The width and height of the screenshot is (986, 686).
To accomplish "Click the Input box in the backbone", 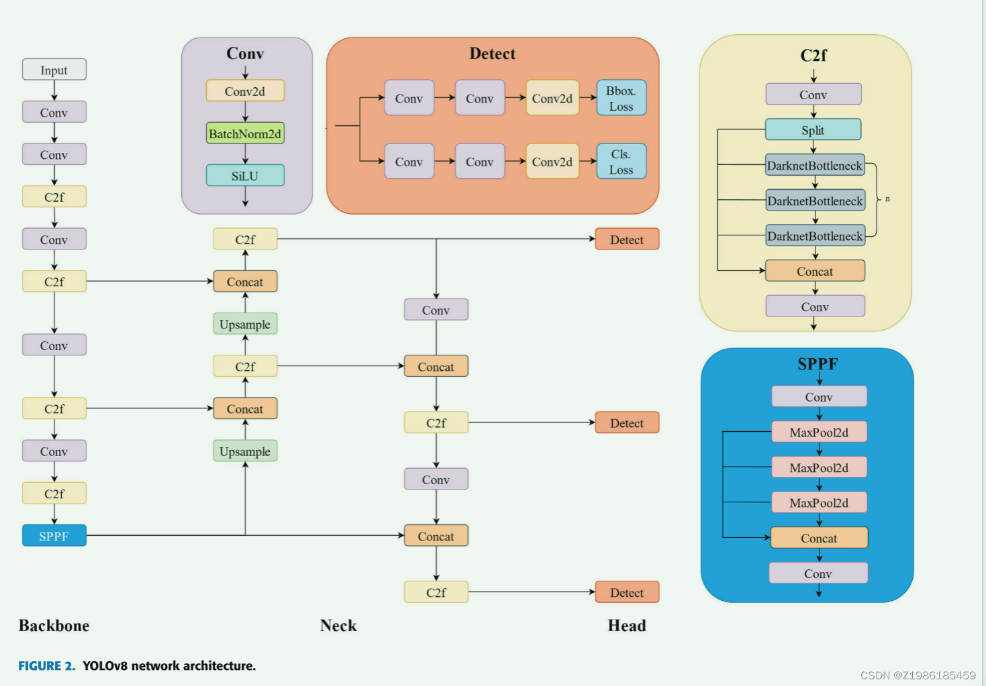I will tap(54, 70).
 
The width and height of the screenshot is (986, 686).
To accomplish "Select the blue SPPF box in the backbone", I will tap(54, 536).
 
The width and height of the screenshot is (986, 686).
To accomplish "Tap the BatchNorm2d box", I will tap(245, 133).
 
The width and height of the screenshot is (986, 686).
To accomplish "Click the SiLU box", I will tap(245, 176).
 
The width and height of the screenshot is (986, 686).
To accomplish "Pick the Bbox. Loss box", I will tap(621, 98).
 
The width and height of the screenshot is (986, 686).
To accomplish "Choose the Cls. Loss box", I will tap(621, 162).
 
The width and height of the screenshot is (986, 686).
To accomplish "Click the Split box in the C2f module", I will tap(813, 130).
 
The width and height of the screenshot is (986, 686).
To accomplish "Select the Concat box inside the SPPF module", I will tap(819, 538).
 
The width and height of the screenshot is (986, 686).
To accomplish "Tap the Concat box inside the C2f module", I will tap(815, 271).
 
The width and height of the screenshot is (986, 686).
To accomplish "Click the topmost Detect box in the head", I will tap(627, 239).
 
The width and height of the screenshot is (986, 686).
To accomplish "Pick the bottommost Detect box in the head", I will tap(627, 592).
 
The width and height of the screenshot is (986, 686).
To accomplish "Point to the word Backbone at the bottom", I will tap(54, 625).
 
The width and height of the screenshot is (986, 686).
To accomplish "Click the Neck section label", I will tap(338, 625).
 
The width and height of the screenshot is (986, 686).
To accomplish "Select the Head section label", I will tap(627, 625).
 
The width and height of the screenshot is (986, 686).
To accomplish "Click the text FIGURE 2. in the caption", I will tap(46, 665).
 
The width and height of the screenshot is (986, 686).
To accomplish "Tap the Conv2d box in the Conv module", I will tap(245, 91).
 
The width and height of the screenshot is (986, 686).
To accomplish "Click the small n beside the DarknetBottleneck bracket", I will tap(887, 199).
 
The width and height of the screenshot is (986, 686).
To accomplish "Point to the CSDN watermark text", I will tap(918, 675).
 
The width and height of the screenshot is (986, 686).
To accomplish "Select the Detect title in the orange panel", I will tap(492, 54).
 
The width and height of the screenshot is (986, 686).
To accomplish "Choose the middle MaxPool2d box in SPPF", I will tap(819, 467).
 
